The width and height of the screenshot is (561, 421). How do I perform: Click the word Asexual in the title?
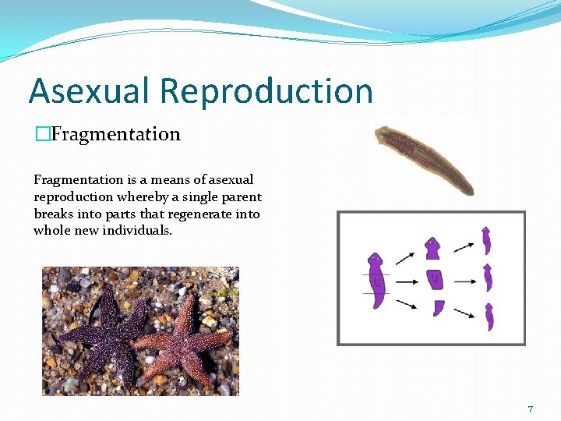point(87,90)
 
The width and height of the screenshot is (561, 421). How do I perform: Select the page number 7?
point(531,409)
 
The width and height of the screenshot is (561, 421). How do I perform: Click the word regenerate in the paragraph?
point(196,214)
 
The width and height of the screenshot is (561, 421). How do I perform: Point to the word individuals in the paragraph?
point(133,231)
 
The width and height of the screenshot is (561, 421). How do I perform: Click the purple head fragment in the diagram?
point(432,249)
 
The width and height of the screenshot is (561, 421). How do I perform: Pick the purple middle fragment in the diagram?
point(435,279)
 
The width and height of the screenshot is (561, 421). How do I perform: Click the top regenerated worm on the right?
point(486,240)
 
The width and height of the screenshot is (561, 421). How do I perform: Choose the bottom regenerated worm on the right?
point(489,317)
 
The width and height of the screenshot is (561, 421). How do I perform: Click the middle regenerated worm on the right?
point(488,278)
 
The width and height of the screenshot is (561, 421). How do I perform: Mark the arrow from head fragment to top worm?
point(464,246)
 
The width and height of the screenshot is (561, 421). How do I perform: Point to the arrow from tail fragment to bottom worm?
point(464,313)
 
